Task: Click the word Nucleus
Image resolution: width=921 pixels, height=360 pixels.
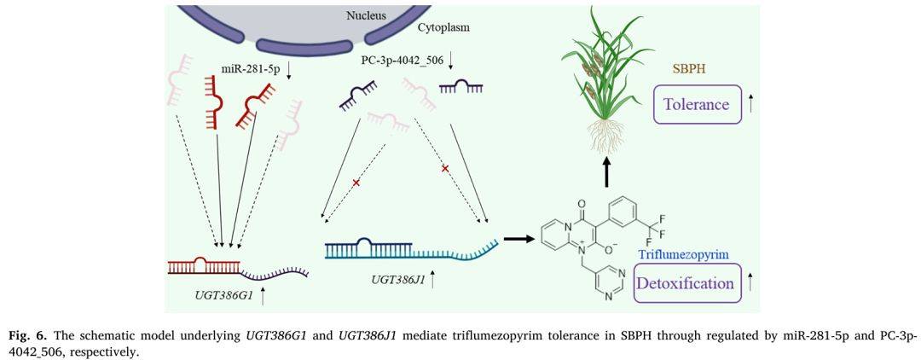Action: tap(367, 15)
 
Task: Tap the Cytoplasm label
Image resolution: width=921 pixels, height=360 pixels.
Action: tap(443, 27)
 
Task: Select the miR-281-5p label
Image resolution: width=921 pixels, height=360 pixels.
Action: tap(247, 68)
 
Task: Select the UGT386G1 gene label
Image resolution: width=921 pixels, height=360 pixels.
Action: tap(223, 296)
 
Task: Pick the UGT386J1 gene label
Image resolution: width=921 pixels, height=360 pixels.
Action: tap(395, 279)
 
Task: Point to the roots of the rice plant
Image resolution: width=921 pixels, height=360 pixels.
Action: tap(605, 136)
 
